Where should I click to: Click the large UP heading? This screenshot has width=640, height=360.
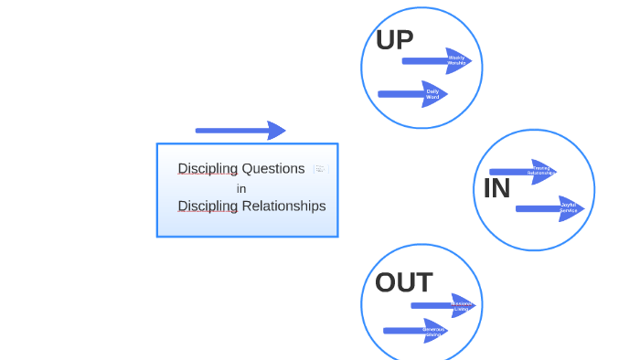394,40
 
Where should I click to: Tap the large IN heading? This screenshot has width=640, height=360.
496,189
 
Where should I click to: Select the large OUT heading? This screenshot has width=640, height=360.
403,283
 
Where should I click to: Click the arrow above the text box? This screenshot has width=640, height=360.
240,131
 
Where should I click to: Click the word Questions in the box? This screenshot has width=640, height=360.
273,169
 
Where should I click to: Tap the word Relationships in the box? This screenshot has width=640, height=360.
283,206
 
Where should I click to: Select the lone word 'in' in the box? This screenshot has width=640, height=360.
241,188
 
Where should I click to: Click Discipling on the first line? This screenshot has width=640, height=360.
208,169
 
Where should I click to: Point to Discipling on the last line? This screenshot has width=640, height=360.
208,206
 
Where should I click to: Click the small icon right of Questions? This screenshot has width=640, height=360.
320,169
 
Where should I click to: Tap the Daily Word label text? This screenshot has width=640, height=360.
432,94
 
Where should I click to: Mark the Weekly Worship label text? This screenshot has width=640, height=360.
456,61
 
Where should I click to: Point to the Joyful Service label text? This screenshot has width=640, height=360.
568,208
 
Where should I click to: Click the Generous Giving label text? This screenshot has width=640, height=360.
434,331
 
